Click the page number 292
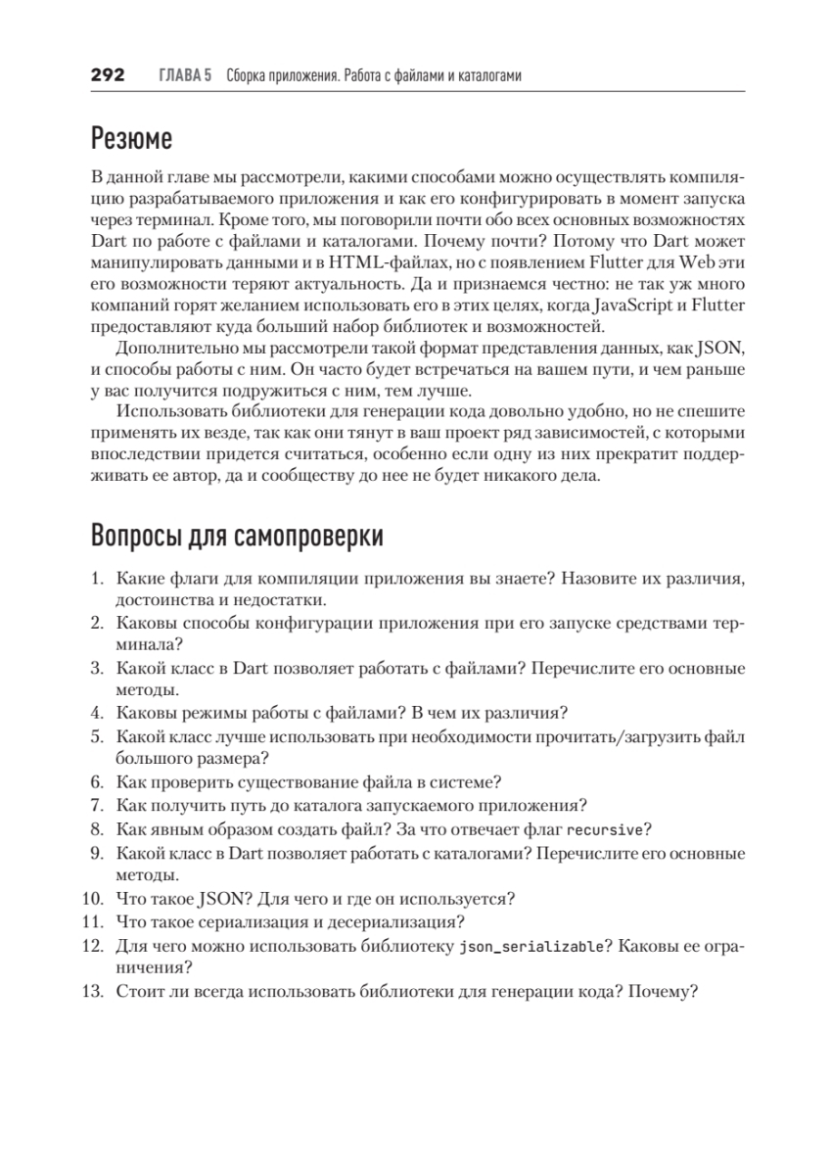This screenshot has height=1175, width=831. (107, 75)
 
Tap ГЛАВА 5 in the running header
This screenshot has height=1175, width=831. (185, 75)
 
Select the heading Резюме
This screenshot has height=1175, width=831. (131, 139)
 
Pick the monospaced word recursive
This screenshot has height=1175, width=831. (604, 829)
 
